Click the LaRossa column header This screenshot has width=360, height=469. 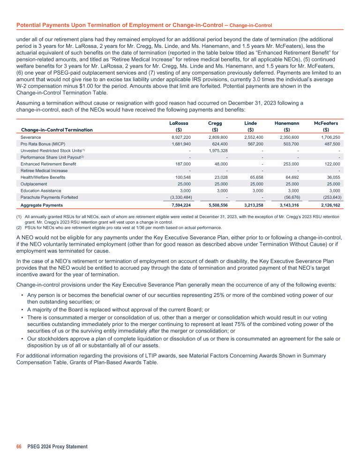click(178, 122)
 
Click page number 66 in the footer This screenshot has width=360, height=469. click(19, 446)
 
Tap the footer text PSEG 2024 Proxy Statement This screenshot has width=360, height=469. click(57, 446)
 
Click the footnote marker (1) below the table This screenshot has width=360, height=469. click(19, 217)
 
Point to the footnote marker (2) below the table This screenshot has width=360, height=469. click(19, 227)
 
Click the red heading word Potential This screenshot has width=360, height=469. click(30, 24)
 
